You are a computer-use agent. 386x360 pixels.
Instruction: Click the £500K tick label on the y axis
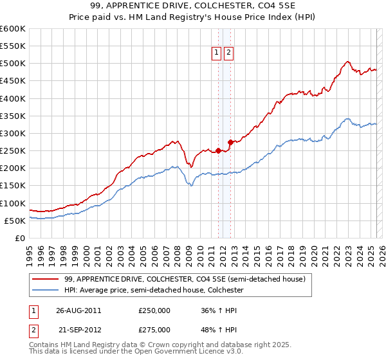[13, 64]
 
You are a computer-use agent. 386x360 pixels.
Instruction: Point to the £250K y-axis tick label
[13, 151]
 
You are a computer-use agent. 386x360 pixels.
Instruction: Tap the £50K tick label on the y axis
[15, 221]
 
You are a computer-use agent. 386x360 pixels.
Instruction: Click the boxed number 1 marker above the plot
[217, 54]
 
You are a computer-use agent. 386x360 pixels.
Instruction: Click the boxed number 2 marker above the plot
[229, 54]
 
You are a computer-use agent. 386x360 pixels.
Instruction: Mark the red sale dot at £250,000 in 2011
[218, 150]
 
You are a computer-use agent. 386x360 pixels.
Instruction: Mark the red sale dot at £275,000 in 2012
[230, 142]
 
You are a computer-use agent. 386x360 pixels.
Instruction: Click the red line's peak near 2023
[347, 62]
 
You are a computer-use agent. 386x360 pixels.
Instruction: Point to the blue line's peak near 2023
[347, 118]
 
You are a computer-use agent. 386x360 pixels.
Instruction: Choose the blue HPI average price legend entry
[154, 290]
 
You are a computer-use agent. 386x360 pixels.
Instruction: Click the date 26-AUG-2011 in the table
[78, 310]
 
